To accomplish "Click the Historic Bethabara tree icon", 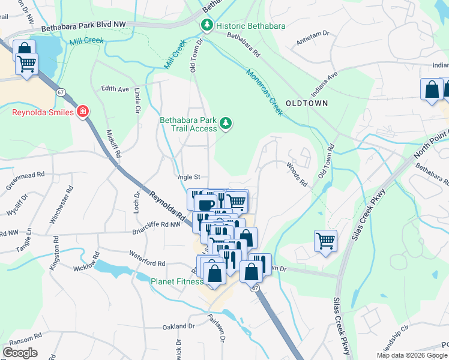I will (x=206, y=25).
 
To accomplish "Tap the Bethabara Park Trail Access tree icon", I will (x=226, y=124).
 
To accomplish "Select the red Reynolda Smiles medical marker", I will (x=83, y=112).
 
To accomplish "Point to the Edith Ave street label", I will (x=115, y=89).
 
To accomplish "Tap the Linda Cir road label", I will (x=137, y=100).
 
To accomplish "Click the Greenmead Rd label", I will (x=25, y=175).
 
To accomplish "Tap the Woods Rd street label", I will (x=297, y=174).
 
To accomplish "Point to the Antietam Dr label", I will (x=313, y=43).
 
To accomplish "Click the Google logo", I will (x=20, y=353).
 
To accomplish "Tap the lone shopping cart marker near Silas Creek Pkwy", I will (x=325, y=241).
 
